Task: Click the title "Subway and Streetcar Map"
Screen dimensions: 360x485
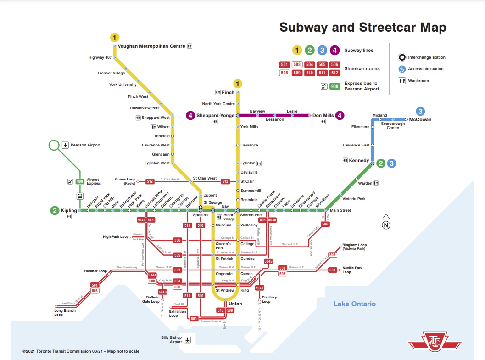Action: pos(362,27)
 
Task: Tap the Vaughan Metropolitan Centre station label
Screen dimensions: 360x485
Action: pos(151,46)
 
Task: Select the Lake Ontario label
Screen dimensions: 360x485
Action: pos(354,304)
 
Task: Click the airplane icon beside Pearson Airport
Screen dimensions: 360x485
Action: pos(66,145)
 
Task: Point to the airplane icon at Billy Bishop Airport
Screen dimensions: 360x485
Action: pos(187,339)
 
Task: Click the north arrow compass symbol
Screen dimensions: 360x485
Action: pos(386,221)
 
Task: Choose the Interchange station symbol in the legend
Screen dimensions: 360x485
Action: pos(401,57)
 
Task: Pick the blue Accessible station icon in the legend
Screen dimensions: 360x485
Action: pos(401,69)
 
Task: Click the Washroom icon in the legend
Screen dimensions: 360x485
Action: pos(401,81)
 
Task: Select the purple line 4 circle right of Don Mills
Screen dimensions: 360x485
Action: pos(340,115)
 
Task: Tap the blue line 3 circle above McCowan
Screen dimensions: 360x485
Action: pos(420,111)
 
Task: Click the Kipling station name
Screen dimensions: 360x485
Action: pos(69,211)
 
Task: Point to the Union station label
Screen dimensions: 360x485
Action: pos(235,304)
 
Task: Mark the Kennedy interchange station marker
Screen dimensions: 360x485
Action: pos(372,163)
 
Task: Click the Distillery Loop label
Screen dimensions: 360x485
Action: pos(269,299)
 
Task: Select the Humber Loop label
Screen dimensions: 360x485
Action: pos(95,271)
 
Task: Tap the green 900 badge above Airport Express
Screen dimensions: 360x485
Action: pos(80,181)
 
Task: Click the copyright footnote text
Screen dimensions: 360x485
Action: pos(81,351)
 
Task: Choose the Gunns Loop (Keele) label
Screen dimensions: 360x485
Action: pos(125,181)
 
